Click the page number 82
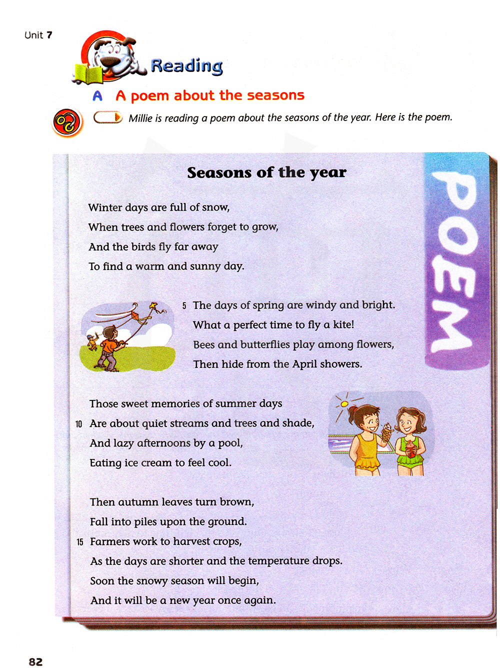pos(35,661)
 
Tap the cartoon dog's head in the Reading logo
pos(115,53)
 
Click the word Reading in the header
pos(186,65)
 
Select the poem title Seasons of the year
pos(266,172)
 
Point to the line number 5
pos(184,305)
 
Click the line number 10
pos(78,424)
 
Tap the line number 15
pos(79,542)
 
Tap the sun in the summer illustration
pos(343,403)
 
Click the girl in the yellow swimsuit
pos(367,440)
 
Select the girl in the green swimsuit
pos(409,440)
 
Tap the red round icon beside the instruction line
pos(67,122)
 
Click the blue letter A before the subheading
pos(97,95)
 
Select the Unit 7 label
pos(38,35)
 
